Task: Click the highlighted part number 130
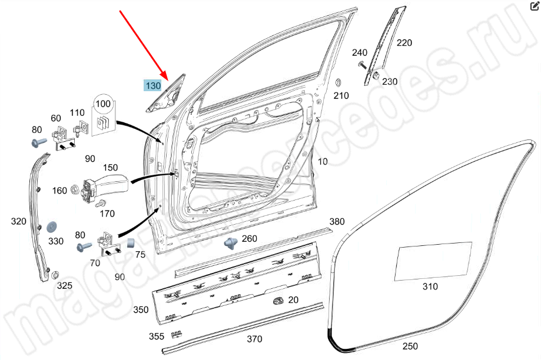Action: point(153,85)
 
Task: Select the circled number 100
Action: point(103,104)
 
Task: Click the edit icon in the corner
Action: point(535,6)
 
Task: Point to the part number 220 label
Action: point(404,43)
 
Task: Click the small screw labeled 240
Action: point(362,65)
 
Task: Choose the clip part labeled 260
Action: point(231,243)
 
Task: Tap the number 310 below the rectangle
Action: point(430,286)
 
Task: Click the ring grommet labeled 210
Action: point(338,83)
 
